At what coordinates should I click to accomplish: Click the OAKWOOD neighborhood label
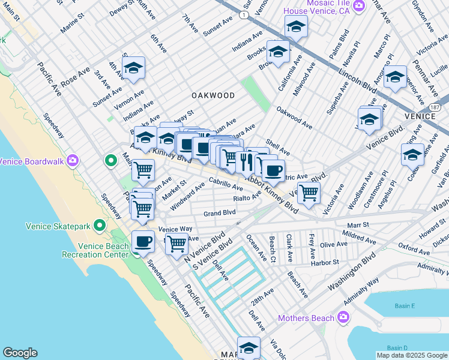click(x=213, y=95)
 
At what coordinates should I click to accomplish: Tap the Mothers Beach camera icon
click(x=343, y=316)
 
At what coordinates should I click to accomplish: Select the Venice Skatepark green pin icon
click(x=99, y=226)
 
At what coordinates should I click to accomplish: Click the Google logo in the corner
click(x=20, y=353)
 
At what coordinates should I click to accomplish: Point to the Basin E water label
click(x=405, y=306)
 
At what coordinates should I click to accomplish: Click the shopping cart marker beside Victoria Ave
click(x=309, y=193)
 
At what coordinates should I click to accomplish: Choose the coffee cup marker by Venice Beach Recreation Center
click(x=143, y=241)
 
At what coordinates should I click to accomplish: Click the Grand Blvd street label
click(x=219, y=212)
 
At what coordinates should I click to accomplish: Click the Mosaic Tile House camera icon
click(x=359, y=6)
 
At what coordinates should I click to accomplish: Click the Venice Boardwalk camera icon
click(x=73, y=160)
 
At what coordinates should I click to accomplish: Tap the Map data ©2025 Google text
click(x=411, y=355)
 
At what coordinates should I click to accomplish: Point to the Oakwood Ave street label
click(x=294, y=118)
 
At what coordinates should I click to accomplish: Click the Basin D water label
click(x=397, y=348)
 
